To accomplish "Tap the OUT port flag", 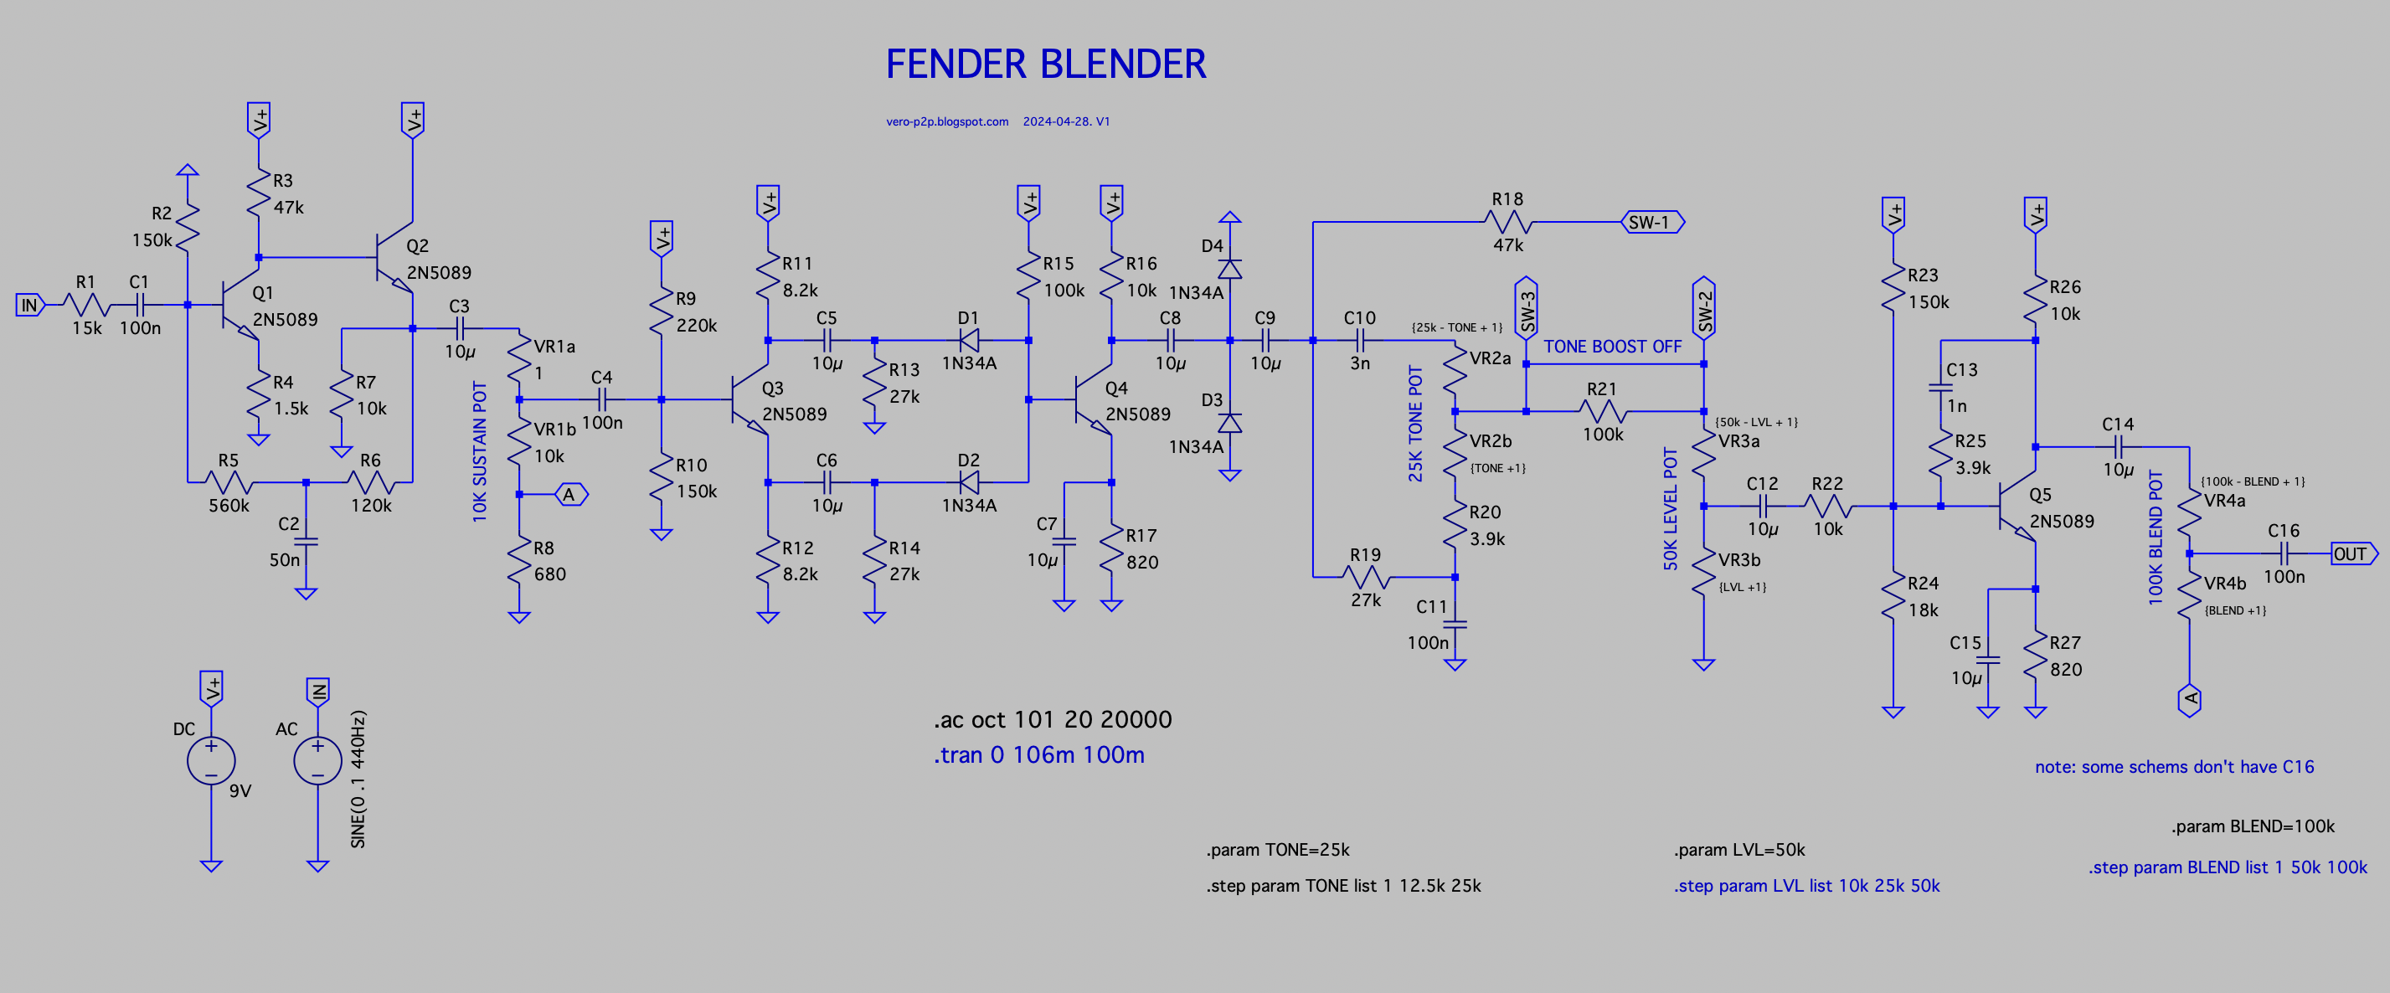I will click(2352, 554).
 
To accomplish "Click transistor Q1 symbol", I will click(237, 306).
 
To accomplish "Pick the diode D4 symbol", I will click(1229, 268).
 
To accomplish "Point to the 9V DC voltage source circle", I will click(212, 761).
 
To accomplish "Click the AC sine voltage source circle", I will click(317, 761).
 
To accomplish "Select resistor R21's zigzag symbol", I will click(1602, 411).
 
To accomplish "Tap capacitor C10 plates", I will click(1360, 341).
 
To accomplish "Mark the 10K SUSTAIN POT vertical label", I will click(480, 452).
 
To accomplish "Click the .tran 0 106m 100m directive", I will click(1038, 755).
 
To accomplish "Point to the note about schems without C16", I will click(2174, 768).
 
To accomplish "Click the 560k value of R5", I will click(229, 506).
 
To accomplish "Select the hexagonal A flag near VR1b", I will click(570, 495).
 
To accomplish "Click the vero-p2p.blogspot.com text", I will click(946, 121).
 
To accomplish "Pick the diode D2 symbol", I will click(969, 482).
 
